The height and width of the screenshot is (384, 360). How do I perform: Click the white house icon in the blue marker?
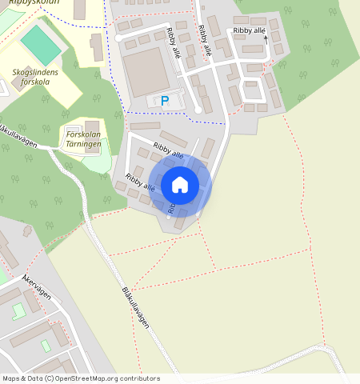click(x=180, y=185)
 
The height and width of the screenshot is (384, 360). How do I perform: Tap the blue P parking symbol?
click(x=165, y=101)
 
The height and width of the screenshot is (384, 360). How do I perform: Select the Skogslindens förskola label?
click(x=36, y=77)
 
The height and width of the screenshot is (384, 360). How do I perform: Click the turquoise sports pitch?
click(x=41, y=46)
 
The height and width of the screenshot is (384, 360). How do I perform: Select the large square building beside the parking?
click(x=146, y=70)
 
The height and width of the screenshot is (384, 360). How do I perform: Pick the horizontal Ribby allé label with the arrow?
click(x=248, y=30)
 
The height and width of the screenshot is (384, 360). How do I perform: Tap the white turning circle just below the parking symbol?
click(x=198, y=110)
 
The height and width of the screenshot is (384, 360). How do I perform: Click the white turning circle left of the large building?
click(x=119, y=38)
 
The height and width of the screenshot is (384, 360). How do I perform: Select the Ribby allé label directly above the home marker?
click(x=169, y=150)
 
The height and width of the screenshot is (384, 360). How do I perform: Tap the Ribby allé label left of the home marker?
click(x=140, y=181)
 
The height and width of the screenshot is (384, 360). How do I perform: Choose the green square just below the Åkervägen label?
click(x=18, y=311)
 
